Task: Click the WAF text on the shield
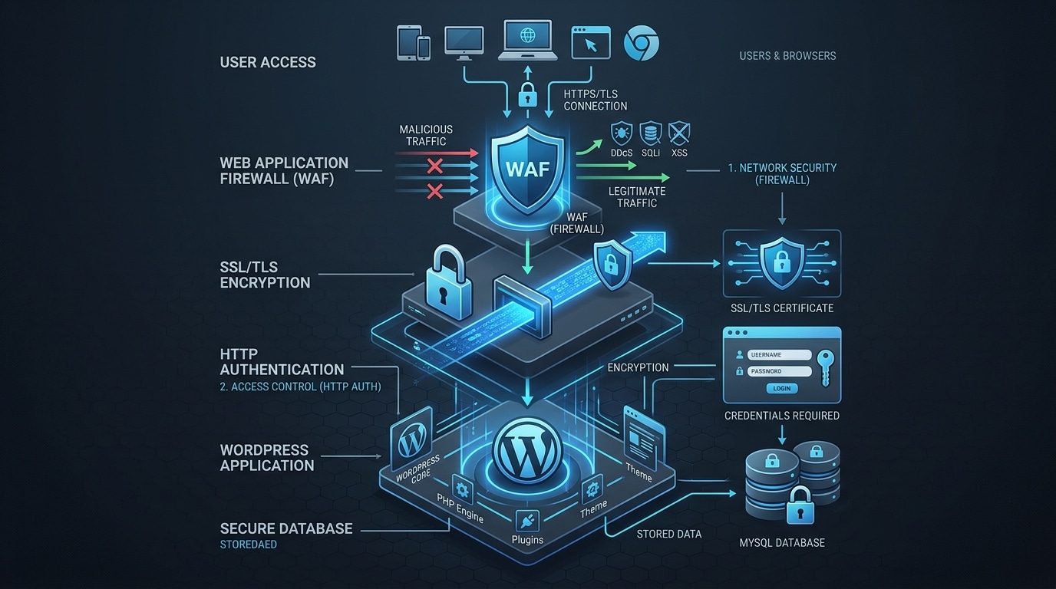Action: [528, 169]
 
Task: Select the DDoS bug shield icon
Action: [620, 133]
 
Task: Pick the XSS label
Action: [678, 153]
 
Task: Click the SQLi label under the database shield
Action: [650, 153]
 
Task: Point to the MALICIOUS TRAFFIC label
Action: [426, 135]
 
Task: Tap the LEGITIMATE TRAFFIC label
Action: [636, 197]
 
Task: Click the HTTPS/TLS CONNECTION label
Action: [595, 100]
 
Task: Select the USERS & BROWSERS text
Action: [787, 56]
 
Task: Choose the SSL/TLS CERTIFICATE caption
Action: [782, 308]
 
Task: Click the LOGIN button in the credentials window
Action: [782, 388]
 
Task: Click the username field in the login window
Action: [779, 355]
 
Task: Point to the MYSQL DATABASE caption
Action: [782, 543]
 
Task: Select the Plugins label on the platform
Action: [527, 540]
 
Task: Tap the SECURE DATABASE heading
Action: [286, 528]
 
